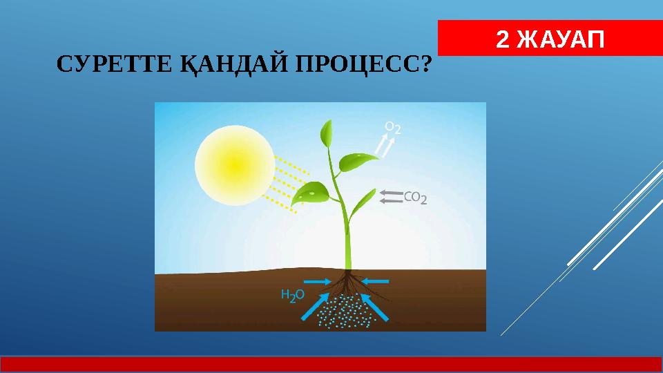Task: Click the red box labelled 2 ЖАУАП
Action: click(x=550, y=39)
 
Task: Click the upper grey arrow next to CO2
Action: click(x=391, y=193)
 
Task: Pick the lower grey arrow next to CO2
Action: click(x=391, y=201)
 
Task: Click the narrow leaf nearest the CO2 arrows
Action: click(x=363, y=203)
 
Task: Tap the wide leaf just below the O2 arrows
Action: click(x=358, y=163)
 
